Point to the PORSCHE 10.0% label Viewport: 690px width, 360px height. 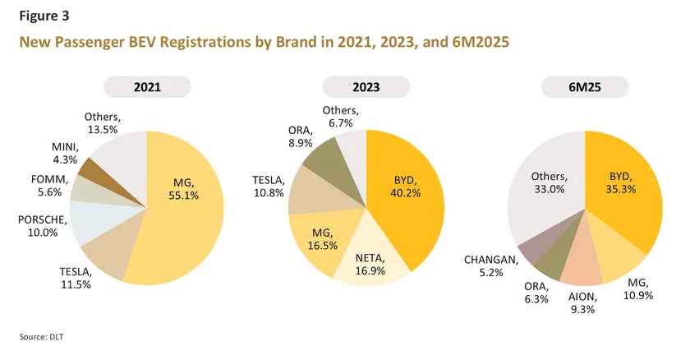[39, 225]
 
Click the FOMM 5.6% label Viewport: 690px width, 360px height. [46, 185]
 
